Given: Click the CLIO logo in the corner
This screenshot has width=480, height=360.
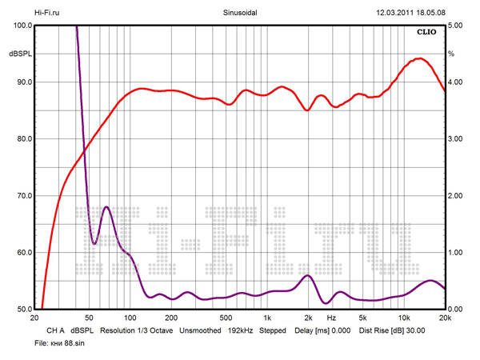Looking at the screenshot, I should (x=426, y=34).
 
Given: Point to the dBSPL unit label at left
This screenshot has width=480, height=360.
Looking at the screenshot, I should (x=19, y=54).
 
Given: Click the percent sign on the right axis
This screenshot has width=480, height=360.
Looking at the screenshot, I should (x=451, y=54).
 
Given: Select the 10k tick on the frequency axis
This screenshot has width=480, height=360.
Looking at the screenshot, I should (x=404, y=318).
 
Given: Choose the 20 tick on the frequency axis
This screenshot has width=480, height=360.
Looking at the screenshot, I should (x=34, y=318).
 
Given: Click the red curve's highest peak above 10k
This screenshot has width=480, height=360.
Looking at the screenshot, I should (x=418, y=58).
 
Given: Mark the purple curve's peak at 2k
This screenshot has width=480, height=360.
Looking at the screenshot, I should (x=307, y=275).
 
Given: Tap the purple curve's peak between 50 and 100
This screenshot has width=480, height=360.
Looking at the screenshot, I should (x=106, y=207).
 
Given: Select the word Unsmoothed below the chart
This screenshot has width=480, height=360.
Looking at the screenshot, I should (x=199, y=330).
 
